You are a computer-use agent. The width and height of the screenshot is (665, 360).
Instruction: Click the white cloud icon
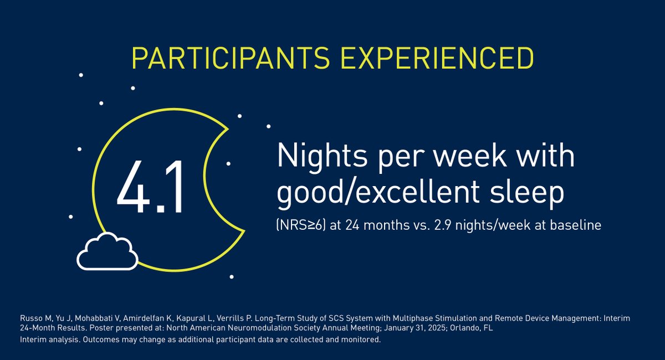108,252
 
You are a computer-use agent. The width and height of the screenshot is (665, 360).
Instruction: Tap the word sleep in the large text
530,193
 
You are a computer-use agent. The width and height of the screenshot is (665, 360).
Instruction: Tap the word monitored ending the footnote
361,339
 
